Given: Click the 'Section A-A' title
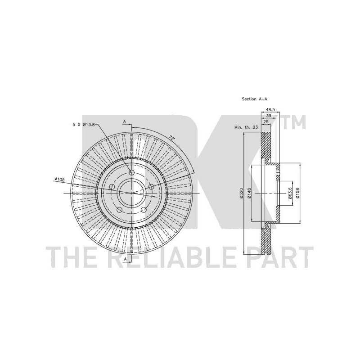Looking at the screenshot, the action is tap(254, 99).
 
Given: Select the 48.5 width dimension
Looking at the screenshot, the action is tap(270, 110).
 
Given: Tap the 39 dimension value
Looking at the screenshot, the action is tap(268, 116).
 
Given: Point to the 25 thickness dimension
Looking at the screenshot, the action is tap(266, 122).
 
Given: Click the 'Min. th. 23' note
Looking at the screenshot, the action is tap(246, 127).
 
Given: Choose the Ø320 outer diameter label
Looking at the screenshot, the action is tap(241, 193).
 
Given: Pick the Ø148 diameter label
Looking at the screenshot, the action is tap(250, 193).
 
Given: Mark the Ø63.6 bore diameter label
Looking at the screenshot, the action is tap(290, 193).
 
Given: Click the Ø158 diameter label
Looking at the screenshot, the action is tap(297, 193).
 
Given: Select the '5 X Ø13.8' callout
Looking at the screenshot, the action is tap(84, 125).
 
